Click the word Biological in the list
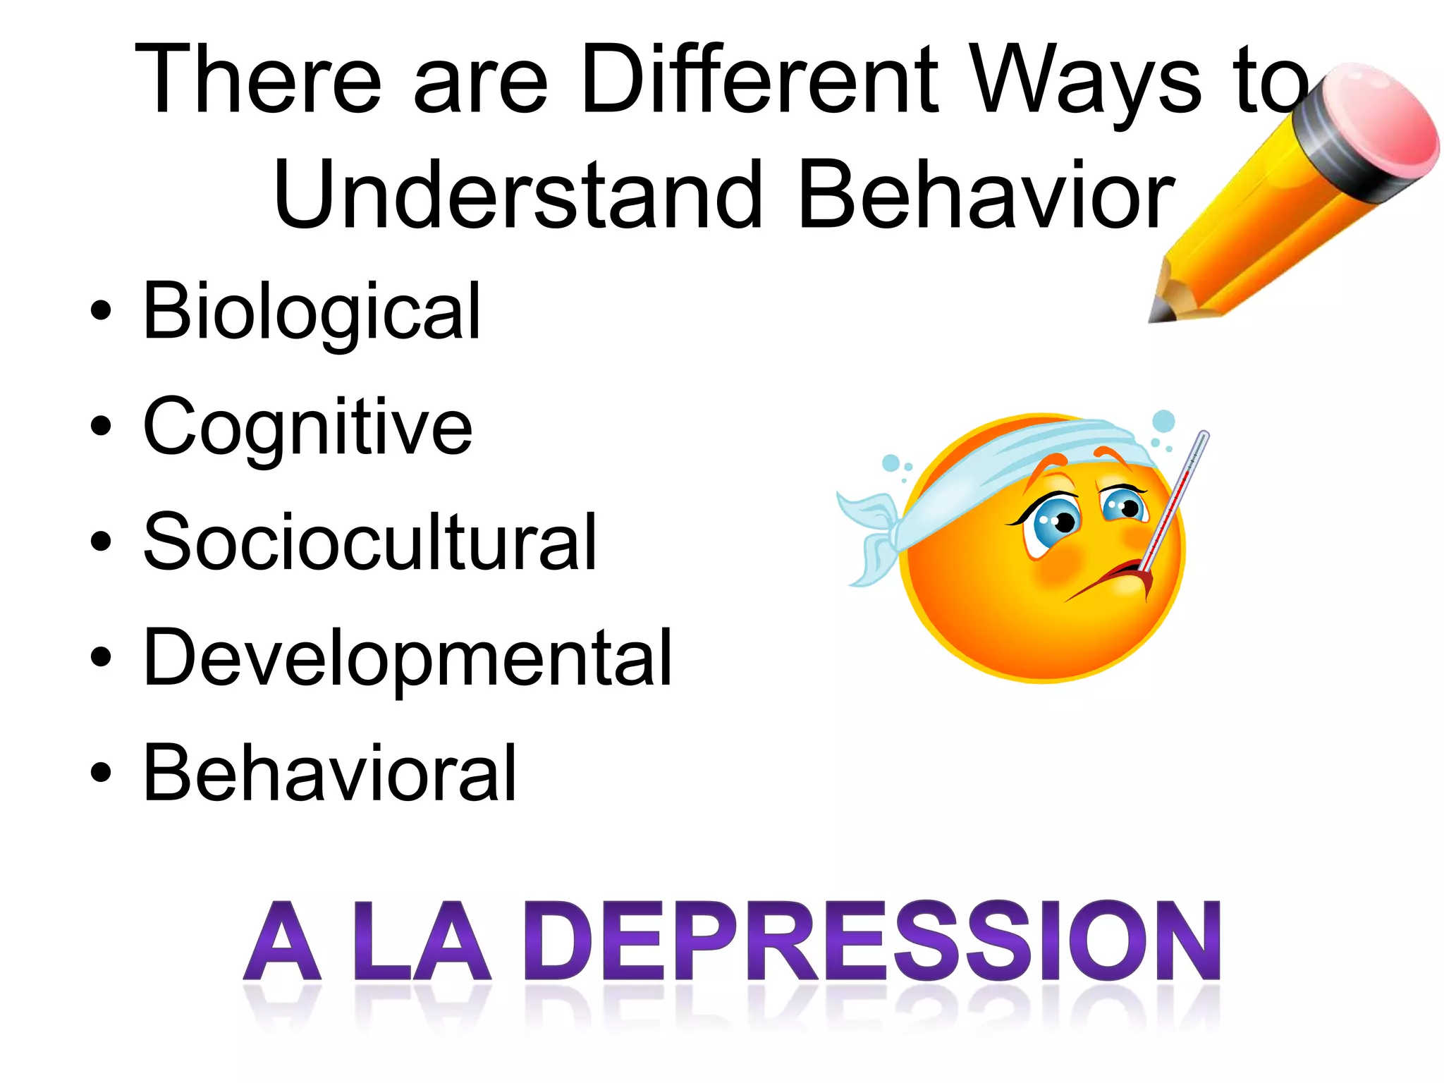pos(312,311)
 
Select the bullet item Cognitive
pos(307,427)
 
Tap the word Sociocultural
pos(369,541)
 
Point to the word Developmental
pos(408,657)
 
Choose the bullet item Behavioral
pos(330,773)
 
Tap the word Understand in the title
pos(518,195)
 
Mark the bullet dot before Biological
pos(101,311)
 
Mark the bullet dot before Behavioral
pos(101,773)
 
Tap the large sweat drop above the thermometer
pos(1163,422)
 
